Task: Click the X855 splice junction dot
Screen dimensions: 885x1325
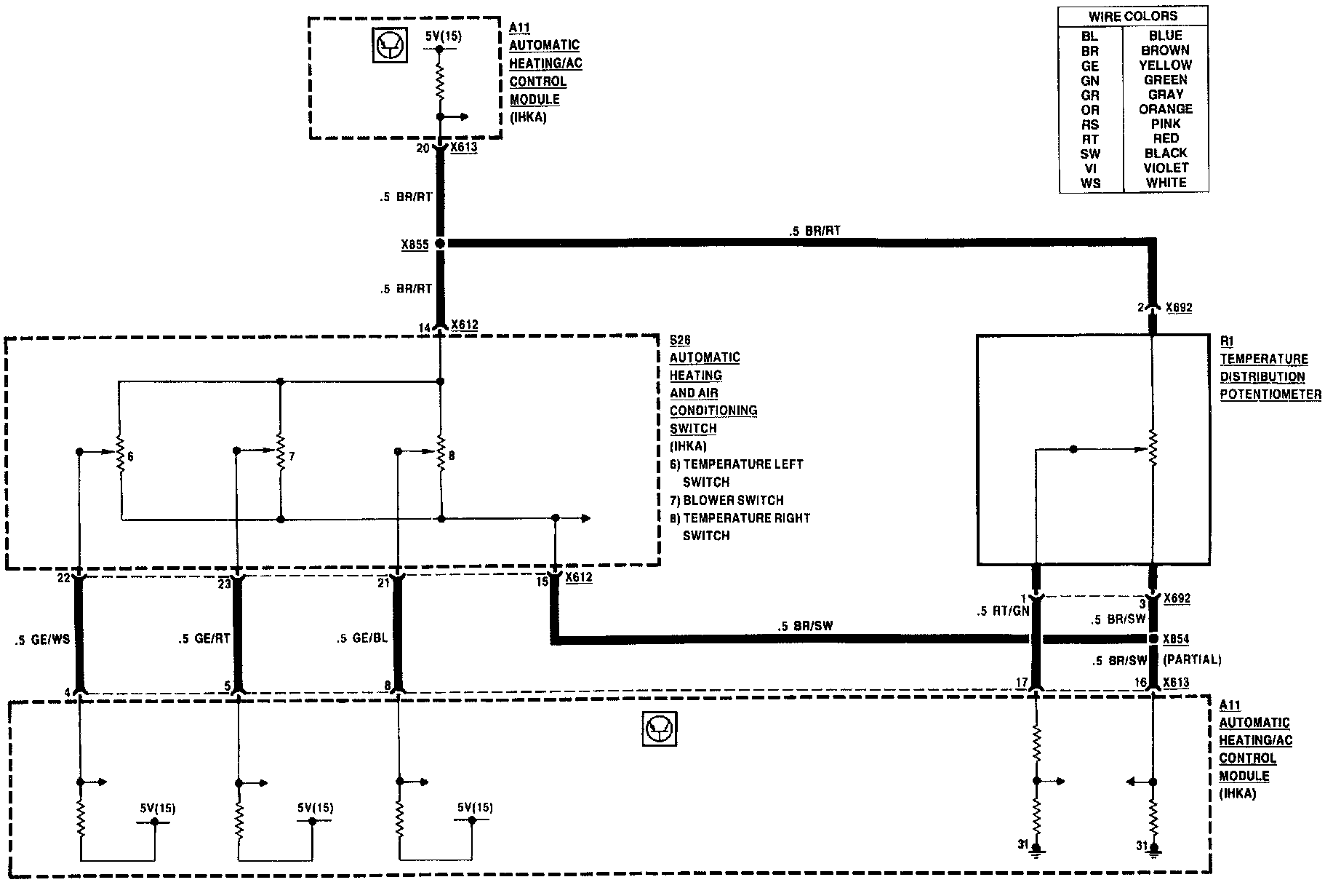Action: coord(439,245)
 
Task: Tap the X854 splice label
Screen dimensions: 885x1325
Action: coord(1176,639)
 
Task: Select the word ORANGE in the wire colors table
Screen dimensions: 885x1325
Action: coord(1165,109)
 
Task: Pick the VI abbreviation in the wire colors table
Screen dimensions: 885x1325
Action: coord(1089,168)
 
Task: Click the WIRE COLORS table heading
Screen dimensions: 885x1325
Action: coord(1132,16)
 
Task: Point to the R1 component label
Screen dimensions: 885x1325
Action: coord(1227,341)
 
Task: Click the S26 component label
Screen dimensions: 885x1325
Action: coord(679,340)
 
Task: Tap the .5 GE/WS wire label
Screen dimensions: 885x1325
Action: coord(42,640)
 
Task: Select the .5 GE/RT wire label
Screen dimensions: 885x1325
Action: coord(204,639)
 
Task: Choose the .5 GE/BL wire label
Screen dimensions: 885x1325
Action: coord(363,638)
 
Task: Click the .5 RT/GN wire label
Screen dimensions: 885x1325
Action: coord(1004,611)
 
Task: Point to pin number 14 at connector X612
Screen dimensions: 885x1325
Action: coord(425,328)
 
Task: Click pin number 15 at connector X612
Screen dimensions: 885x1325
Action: coord(543,582)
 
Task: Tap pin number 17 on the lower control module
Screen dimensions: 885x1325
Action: coord(1022,683)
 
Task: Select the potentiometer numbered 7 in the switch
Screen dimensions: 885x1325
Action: coord(281,456)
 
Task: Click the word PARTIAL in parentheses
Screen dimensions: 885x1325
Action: coord(1192,660)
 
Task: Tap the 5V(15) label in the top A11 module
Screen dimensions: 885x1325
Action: coord(444,36)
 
